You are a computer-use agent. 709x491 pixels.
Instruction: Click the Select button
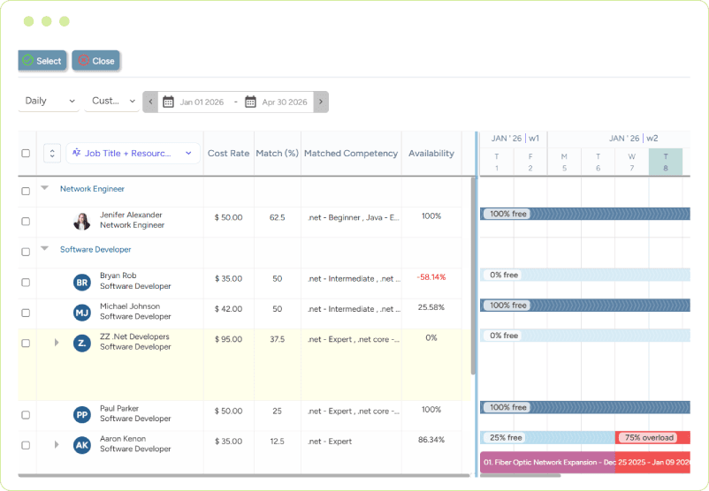[42, 61]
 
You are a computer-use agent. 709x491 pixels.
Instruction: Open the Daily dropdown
[50, 102]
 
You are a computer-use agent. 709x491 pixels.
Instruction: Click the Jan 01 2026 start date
[201, 102]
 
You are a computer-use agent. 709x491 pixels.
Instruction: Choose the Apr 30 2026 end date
[284, 102]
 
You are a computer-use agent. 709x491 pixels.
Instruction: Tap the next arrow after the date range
[321, 102]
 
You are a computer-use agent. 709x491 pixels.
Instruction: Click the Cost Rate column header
[228, 154]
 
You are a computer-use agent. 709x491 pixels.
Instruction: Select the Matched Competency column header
[350, 154]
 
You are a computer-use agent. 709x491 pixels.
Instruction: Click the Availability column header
[431, 154]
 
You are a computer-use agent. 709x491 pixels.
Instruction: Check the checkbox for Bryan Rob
[26, 283]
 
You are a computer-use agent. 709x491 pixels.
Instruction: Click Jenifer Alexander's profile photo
[82, 221]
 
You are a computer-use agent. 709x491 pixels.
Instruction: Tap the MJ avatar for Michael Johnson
[82, 313]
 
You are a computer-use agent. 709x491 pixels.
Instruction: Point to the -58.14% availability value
[431, 277]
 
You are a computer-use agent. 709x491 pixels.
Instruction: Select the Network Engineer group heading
[92, 189]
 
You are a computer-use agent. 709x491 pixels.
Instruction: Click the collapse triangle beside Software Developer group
[45, 249]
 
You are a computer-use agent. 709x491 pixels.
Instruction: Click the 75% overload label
[649, 438]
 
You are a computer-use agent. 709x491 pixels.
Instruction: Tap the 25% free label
[505, 438]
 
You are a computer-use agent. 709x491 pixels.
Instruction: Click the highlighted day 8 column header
[666, 162]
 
